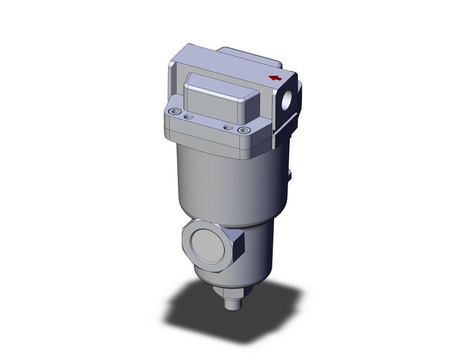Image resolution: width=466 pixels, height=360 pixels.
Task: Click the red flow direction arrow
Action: click(x=276, y=78)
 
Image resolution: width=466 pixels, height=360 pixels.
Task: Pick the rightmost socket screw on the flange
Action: click(x=245, y=130)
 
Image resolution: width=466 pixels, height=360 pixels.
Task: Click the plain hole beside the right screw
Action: click(x=228, y=127)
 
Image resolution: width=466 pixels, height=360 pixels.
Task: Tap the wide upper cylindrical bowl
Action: click(x=227, y=184)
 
